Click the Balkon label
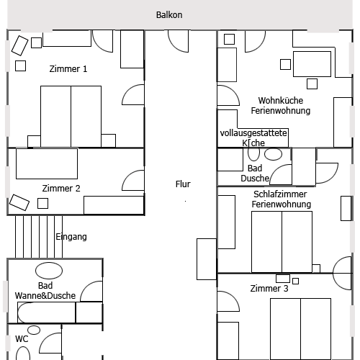point(169,15)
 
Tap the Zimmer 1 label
point(68,69)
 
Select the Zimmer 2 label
point(61,189)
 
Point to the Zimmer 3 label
point(269,288)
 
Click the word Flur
point(183,184)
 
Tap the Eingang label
point(71,237)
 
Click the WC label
point(22,339)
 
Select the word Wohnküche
point(281,100)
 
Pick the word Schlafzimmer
point(280,194)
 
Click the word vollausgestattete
point(253,133)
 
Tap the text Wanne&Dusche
point(45,295)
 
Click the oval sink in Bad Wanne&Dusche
point(49,271)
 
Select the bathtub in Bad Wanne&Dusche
point(46,312)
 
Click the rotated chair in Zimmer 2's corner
point(19,202)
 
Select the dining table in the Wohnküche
point(312,64)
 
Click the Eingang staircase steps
point(39,237)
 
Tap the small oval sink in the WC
point(34,330)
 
